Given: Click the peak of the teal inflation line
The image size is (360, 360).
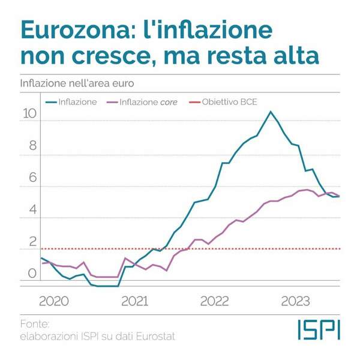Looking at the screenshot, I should [271, 112].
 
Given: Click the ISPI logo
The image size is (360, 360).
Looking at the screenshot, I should [319, 329].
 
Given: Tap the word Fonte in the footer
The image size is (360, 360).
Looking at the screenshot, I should [34, 324].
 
